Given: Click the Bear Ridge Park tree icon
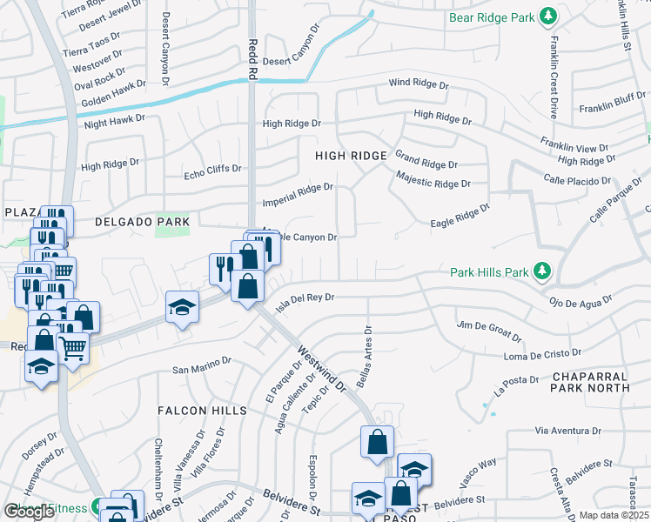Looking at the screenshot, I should point(547,17).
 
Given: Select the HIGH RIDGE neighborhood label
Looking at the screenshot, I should point(351,155).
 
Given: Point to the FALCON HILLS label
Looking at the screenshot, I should point(195,410).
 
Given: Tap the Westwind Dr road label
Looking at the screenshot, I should point(322,366).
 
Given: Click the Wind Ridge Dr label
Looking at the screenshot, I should point(418,84).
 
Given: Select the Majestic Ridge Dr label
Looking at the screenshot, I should point(433,183).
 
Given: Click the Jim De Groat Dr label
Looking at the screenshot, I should point(488,331).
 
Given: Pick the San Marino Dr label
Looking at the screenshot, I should point(202,365).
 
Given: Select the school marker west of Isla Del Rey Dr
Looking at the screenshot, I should point(182,307).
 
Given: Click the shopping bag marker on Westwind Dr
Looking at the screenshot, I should point(377,441).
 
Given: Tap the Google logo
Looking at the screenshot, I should point(29,512).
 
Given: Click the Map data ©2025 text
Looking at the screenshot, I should point(614,515).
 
